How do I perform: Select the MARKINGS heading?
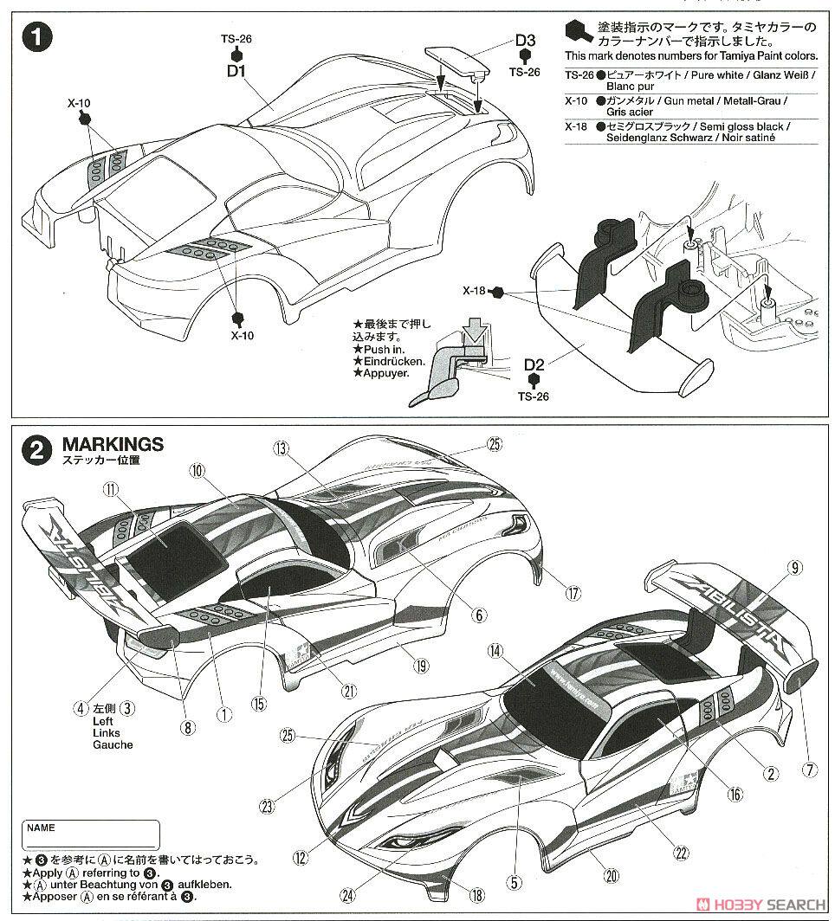(x=113, y=444)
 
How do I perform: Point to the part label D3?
(x=526, y=40)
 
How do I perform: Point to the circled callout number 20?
(x=612, y=875)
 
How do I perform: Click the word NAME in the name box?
(x=41, y=828)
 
